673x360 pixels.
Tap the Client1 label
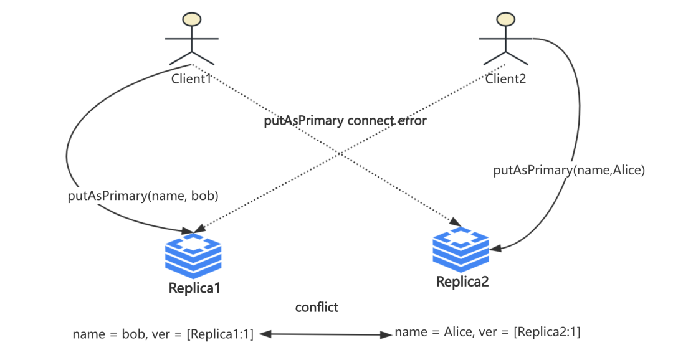click(192, 78)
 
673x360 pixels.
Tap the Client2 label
click(505, 78)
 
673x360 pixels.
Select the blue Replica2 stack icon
click(461, 249)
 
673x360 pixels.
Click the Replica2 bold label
click(462, 282)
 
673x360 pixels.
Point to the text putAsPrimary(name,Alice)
click(568, 169)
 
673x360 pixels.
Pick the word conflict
click(317, 307)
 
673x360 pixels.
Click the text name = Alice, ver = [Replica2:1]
click(487, 333)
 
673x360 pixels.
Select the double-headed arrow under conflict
click(324, 334)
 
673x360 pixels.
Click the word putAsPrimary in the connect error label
click(303, 121)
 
